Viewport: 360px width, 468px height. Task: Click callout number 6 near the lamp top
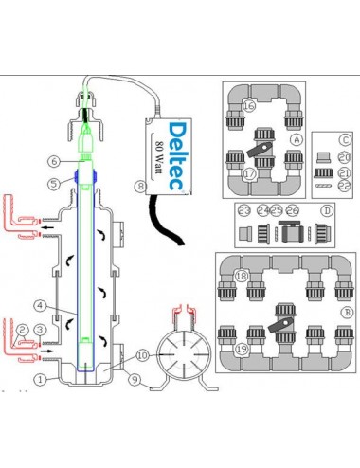(x=55, y=161)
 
